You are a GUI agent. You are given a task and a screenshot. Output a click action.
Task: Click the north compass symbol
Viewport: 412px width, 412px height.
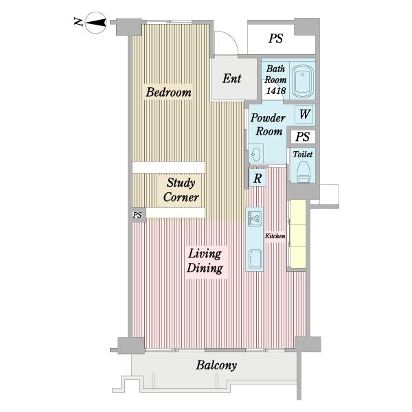click(95, 23)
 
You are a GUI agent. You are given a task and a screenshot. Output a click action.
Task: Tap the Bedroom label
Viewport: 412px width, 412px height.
click(168, 92)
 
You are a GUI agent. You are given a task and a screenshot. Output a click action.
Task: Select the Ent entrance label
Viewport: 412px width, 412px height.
click(232, 78)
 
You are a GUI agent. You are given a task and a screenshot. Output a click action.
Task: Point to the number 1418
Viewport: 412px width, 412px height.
click(275, 91)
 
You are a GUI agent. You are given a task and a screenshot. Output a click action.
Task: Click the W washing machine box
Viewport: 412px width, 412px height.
click(304, 114)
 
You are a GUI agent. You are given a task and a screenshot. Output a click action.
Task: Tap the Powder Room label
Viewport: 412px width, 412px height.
click(268, 124)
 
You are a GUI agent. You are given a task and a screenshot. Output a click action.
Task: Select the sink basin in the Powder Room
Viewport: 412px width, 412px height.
click(255, 153)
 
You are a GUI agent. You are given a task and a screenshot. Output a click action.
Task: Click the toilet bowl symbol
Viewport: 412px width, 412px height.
click(303, 171)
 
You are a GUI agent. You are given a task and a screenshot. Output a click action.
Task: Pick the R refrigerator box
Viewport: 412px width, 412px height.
click(257, 178)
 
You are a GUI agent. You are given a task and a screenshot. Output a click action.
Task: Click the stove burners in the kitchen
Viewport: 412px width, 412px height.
click(254, 218)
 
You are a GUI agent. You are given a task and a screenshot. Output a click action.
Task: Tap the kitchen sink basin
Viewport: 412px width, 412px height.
click(255, 259)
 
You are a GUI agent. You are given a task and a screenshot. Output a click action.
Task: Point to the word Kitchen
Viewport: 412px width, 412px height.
click(275, 236)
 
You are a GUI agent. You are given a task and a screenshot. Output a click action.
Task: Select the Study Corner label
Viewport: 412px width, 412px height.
click(181, 190)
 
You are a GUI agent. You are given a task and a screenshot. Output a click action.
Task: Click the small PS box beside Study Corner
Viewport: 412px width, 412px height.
click(138, 215)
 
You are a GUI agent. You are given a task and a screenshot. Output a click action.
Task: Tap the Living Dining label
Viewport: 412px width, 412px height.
click(205, 261)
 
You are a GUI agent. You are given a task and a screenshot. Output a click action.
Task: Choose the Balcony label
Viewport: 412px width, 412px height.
click(216, 365)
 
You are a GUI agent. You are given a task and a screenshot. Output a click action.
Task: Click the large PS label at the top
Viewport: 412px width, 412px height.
click(275, 38)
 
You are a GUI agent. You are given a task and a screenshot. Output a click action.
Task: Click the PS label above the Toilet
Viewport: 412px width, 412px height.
click(303, 137)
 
